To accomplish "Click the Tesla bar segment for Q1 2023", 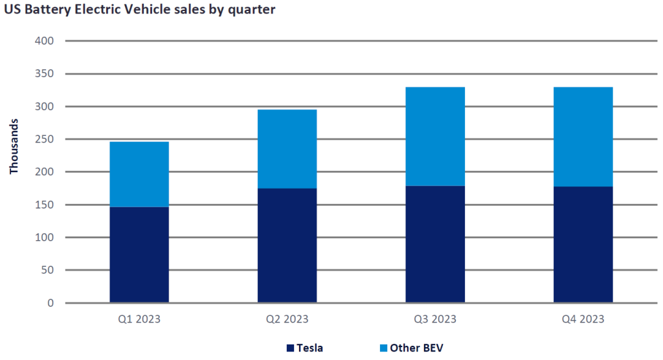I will click(139, 254).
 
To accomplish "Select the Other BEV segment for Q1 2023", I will click(139, 174).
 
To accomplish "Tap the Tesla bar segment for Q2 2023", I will click(287, 245).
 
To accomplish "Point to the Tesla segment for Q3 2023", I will click(435, 244).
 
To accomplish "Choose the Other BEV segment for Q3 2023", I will click(435, 136).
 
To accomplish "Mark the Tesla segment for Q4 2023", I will click(583, 244).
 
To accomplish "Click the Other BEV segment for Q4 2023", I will click(583, 136).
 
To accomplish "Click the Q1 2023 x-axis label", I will click(139, 319).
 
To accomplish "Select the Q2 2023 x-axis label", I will click(287, 319).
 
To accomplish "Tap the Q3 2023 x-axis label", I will click(435, 319).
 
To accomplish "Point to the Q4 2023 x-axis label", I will click(583, 319).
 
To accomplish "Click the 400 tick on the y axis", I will click(45, 41).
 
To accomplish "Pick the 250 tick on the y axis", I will click(45, 139).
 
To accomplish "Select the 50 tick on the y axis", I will click(47, 270).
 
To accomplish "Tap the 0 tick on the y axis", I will click(50, 303).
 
